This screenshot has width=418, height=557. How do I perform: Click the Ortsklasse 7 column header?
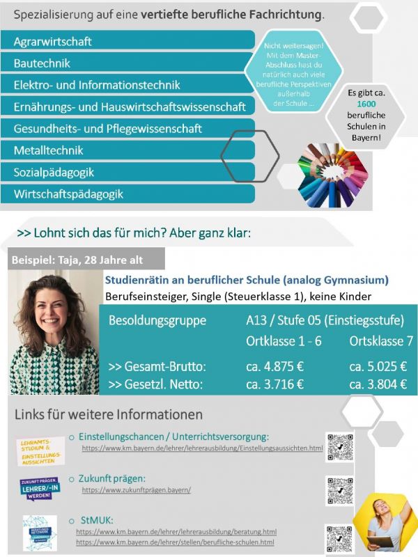click(x=380, y=342)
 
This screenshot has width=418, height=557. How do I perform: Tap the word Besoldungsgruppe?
click(x=157, y=321)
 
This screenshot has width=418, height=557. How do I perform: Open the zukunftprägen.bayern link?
click(x=136, y=490)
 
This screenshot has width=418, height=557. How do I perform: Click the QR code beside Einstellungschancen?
click(x=341, y=447)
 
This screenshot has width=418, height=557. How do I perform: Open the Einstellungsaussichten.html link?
click(x=202, y=448)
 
